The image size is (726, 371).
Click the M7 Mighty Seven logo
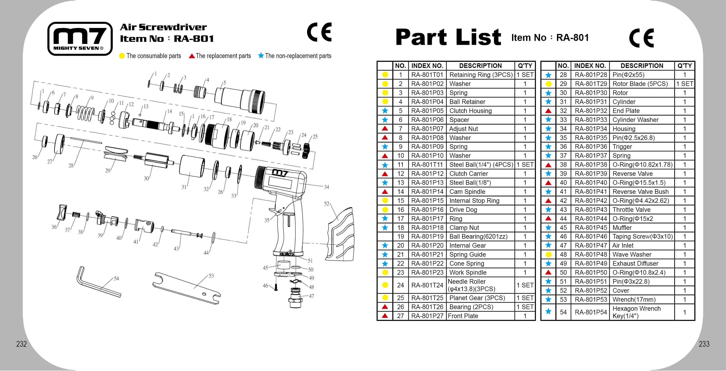(80, 39)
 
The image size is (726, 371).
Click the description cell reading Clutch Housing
(470, 111)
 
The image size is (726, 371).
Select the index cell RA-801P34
(591, 129)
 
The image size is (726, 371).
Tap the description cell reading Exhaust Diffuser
(635, 263)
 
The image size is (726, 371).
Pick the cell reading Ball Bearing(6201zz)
(478, 236)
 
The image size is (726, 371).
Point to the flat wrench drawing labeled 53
(186, 288)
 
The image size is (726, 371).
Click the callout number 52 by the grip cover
(326, 203)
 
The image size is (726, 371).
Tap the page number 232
(21, 344)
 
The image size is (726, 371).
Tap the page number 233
(704, 344)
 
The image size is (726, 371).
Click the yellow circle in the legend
(122, 56)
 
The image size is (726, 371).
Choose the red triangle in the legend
(192, 56)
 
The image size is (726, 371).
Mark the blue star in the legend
(261, 55)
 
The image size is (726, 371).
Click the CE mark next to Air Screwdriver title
(319, 32)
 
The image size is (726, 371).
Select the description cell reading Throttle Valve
(631, 210)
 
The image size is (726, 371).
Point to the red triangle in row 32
(548, 111)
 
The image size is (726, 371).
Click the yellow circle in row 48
(548, 254)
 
